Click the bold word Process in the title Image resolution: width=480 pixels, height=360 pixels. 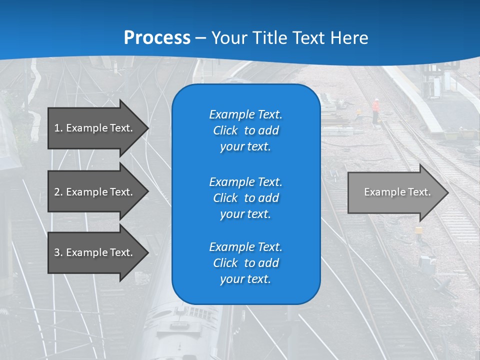click(157, 38)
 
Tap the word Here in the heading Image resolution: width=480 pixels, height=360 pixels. click(348, 38)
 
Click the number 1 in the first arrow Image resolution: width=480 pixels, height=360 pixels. click(57, 128)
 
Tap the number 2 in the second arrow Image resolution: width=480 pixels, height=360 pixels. click(57, 192)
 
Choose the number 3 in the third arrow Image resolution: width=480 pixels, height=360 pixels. click(57, 252)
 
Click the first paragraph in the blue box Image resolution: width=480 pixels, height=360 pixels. click(245, 130)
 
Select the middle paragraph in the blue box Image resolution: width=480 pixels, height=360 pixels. click(245, 197)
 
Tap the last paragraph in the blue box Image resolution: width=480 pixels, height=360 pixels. click(245, 263)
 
